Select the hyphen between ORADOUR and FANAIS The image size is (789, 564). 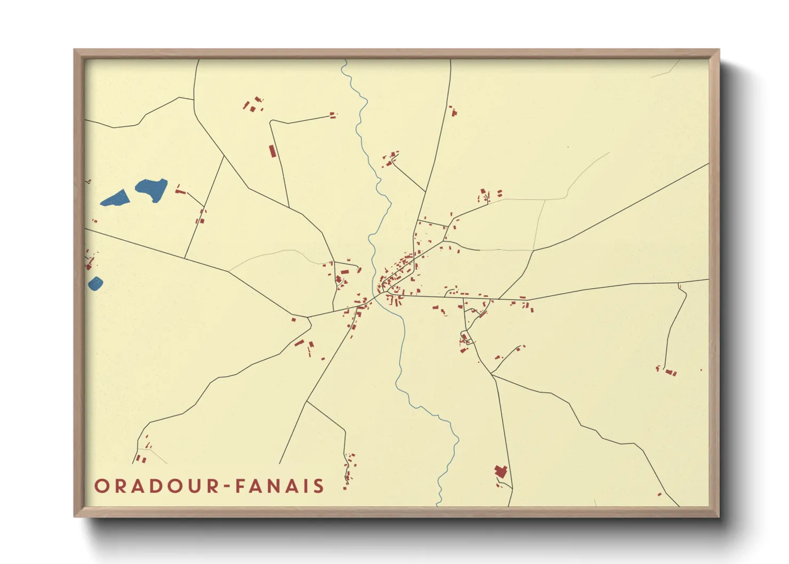point(227,487)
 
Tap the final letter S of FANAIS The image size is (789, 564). point(319,486)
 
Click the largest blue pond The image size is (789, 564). point(152,189)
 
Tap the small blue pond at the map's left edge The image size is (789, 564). point(95,283)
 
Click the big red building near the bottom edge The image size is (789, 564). point(500,471)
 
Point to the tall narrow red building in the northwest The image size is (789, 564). point(272,151)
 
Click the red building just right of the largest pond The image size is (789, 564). point(179,189)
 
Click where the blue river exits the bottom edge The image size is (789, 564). point(438,504)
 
